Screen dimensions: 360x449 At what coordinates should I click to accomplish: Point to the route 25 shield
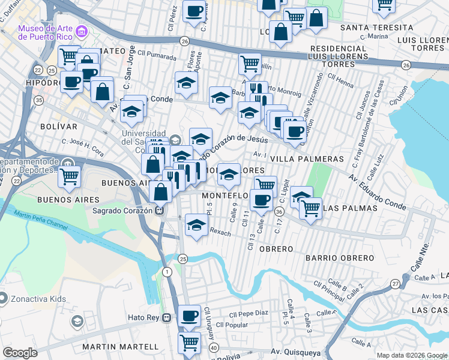183,259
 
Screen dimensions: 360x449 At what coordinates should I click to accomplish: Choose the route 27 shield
395,283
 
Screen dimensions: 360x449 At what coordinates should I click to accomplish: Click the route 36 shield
279,211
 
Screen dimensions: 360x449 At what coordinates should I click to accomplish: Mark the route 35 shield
39,100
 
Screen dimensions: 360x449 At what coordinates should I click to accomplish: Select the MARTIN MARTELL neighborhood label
121,347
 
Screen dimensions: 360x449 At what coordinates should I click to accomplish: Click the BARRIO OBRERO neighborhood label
339,258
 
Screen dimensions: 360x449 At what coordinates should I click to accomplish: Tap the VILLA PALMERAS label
307,159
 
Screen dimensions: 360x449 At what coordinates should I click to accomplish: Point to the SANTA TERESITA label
376,28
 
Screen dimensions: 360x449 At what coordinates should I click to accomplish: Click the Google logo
20,353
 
